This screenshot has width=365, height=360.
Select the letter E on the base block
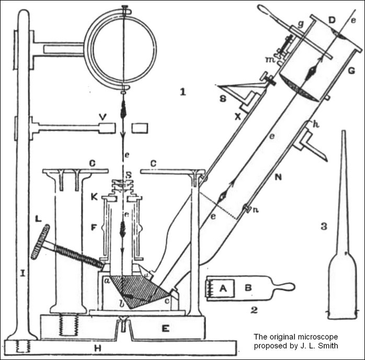coord(166,328)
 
